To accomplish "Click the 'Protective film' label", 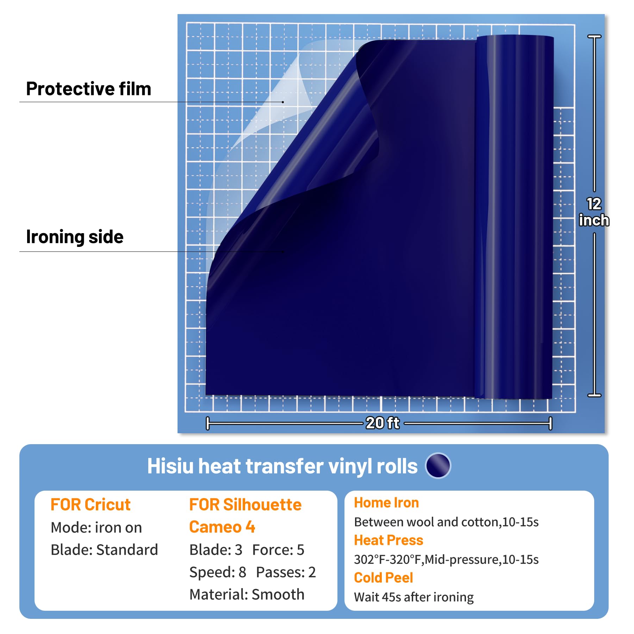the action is click(88, 89).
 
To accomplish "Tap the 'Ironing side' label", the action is click(75, 237).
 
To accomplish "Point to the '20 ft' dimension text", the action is click(383, 423).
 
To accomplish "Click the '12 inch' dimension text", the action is click(594, 212).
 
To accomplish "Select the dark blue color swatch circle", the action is click(438, 466).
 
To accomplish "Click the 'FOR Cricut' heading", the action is click(91, 504).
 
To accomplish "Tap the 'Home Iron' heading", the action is click(386, 503).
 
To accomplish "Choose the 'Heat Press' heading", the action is click(389, 540).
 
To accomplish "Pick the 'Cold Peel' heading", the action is click(383, 578).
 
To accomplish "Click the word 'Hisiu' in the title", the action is click(170, 466).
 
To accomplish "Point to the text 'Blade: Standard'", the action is click(104, 550).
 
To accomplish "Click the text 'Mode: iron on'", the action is click(97, 527).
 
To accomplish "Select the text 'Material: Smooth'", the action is click(247, 595).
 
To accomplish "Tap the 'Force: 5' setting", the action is click(278, 550).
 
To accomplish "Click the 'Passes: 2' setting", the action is click(286, 572).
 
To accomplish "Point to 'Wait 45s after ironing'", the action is click(414, 597).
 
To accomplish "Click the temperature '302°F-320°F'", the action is click(388, 559).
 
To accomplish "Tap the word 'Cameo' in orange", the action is click(215, 527).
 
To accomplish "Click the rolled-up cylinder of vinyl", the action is click(514, 217).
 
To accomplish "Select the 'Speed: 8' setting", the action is click(218, 572).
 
